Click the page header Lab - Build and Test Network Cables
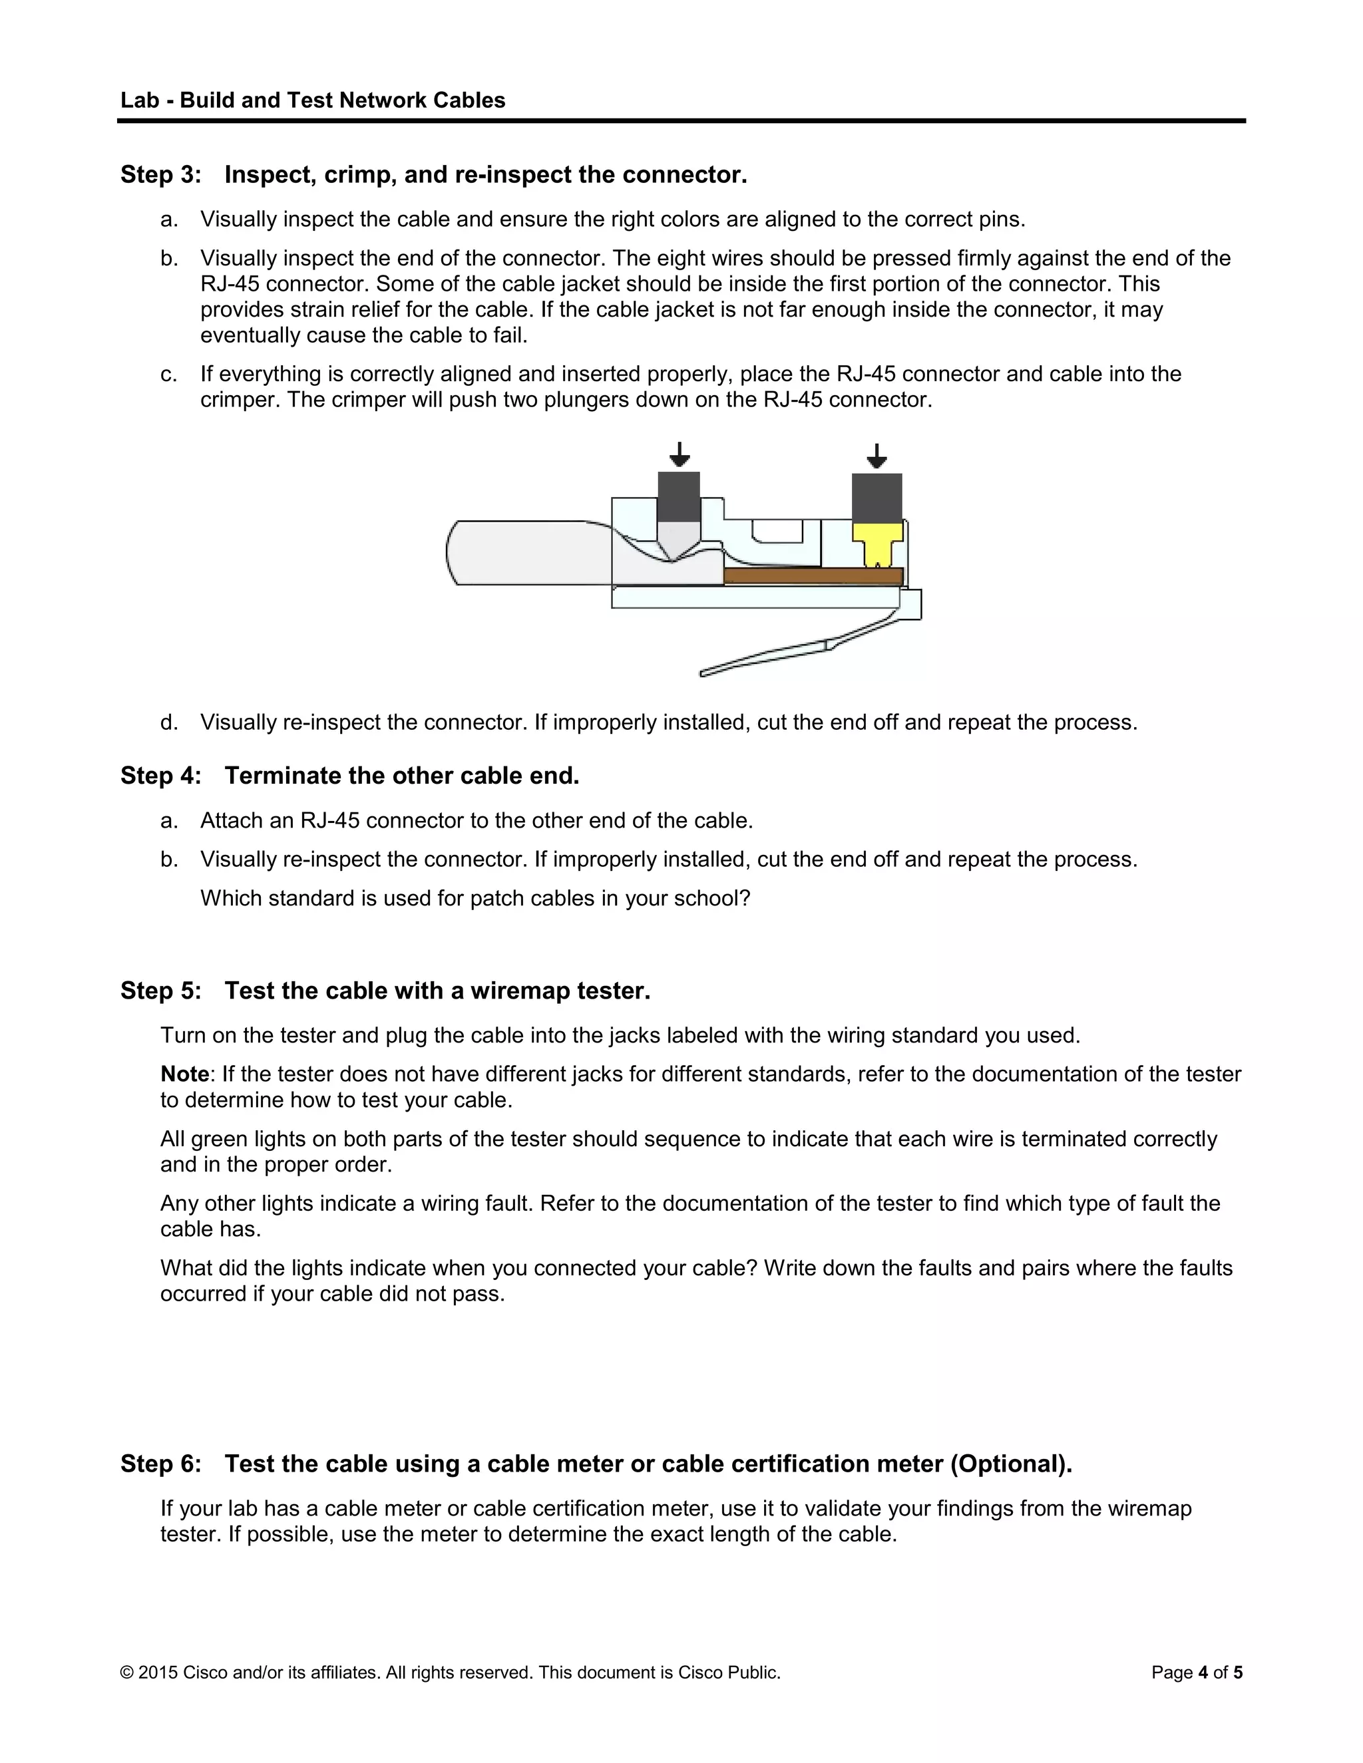[313, 100]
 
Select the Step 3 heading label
[160, 174]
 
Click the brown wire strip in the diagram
[811, 575]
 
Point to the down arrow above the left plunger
[680, 455]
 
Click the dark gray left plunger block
[679, 496]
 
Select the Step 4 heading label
[160, 776]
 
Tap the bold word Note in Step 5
[184, 1074]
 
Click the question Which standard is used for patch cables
[475, 897]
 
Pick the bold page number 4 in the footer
[1203, 1672]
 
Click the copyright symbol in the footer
[126, 1673]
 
